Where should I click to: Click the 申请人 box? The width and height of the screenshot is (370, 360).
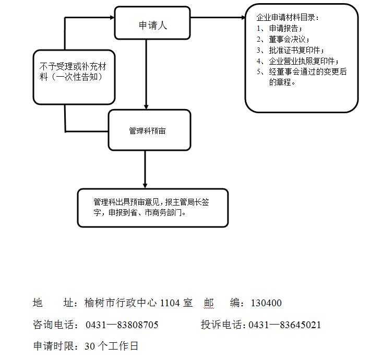(x=152, y=25)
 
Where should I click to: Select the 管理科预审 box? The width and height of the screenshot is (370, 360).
(x=149, y=130)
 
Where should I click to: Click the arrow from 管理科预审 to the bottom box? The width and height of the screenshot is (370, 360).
(x=145, y=170)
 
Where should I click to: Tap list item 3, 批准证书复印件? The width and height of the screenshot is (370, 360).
(x=294, y=51)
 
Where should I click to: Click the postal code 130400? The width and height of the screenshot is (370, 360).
(x=266, y=303)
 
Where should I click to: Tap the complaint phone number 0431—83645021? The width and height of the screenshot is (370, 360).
(x=285, y=325)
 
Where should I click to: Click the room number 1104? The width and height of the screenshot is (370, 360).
(x=170, y=303)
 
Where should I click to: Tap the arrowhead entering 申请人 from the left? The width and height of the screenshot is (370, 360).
(x=111, y=18)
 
